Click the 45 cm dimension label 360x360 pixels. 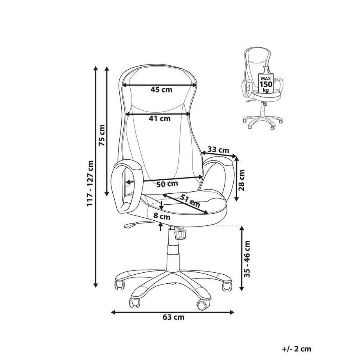click(161, 90)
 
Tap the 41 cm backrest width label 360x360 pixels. click(160, 119)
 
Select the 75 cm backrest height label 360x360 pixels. click(102, 135)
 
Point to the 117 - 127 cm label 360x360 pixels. click(90, 183)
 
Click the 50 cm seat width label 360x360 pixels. click(167, 184)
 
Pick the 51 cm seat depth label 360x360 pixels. click(190, 200)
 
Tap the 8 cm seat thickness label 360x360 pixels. click(162, 216)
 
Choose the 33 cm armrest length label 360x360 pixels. click(218, 150)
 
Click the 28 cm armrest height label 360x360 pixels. click(241, 180)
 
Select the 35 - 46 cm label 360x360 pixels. click(247, 259)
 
